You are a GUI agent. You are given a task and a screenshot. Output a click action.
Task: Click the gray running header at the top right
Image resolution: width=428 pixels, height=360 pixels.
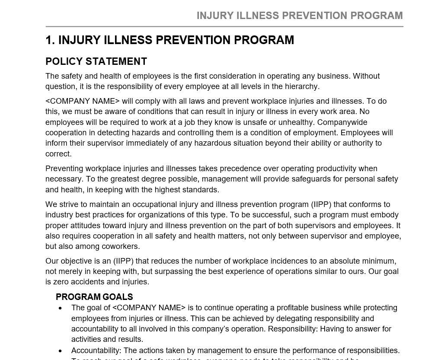tap(300, 16)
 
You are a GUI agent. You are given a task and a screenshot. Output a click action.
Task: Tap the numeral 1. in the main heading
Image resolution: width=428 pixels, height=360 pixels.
tap(50, 40)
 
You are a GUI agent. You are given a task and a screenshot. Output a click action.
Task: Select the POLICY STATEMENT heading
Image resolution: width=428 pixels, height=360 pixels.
tap(96, 61)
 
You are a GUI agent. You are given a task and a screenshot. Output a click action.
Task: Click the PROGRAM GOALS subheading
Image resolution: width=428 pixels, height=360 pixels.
tap(94, 297)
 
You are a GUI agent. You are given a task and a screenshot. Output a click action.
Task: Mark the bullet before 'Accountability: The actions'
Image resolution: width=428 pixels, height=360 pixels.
tap(61, 351)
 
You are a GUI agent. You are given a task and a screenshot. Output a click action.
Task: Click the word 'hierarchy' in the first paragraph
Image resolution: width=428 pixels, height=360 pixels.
tap(301, 86)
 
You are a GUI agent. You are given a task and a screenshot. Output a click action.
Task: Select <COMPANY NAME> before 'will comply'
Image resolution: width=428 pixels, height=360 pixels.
tap(83, 101)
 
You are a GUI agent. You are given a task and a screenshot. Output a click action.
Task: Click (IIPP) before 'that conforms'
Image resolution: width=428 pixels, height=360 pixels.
tap(321, 204)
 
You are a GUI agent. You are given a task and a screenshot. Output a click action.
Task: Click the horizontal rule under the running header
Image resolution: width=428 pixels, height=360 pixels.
tap(224, 27)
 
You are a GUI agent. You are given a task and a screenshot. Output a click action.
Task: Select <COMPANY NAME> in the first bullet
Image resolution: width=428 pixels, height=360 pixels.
tap(149, 308)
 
